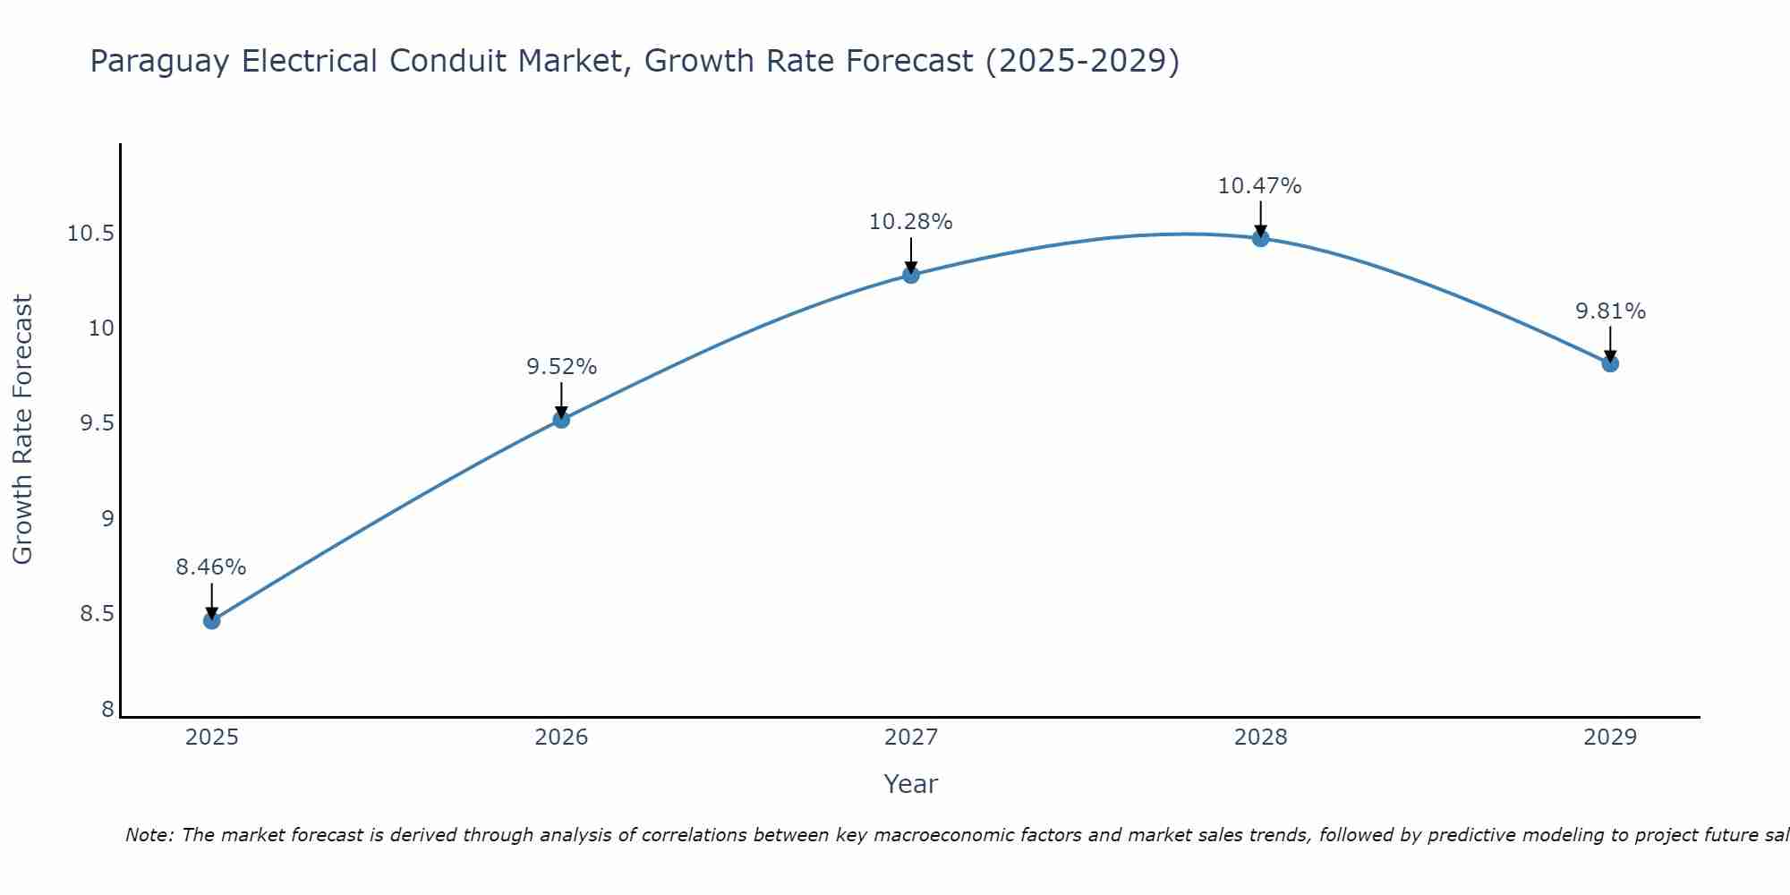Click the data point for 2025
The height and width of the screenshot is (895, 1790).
(x=211, y=620)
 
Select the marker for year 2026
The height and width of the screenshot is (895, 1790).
(x=561, y=419)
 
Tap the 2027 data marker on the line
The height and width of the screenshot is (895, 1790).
(x=911, y=275)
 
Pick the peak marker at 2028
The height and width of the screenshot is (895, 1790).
(x=1260, y=238)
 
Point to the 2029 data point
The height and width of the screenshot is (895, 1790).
(x=1610, y=363)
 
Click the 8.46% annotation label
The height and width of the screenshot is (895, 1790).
(x=210, y=567)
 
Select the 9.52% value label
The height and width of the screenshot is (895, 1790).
(x=561, y=367)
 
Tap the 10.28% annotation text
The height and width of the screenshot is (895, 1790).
(x=910, y=222)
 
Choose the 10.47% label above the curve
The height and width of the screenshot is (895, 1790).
(x=1259, y=186)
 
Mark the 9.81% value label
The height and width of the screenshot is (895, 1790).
(x=1610, y=311)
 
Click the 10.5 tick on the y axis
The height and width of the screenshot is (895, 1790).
(x=90, y=234)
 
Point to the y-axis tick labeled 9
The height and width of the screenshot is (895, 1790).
(x=107, y=519)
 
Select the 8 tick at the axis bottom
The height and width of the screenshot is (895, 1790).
(x=107, y=710)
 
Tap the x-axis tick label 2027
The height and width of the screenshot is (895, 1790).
(x=911, y=737)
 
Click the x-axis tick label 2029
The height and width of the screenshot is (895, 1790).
(x=1610, y=737)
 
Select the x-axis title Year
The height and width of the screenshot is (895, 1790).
(x=910, y=784)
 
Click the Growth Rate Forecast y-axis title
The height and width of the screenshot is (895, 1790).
(x=22, y=430)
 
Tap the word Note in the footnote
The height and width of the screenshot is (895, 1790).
(x=149, y=835)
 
